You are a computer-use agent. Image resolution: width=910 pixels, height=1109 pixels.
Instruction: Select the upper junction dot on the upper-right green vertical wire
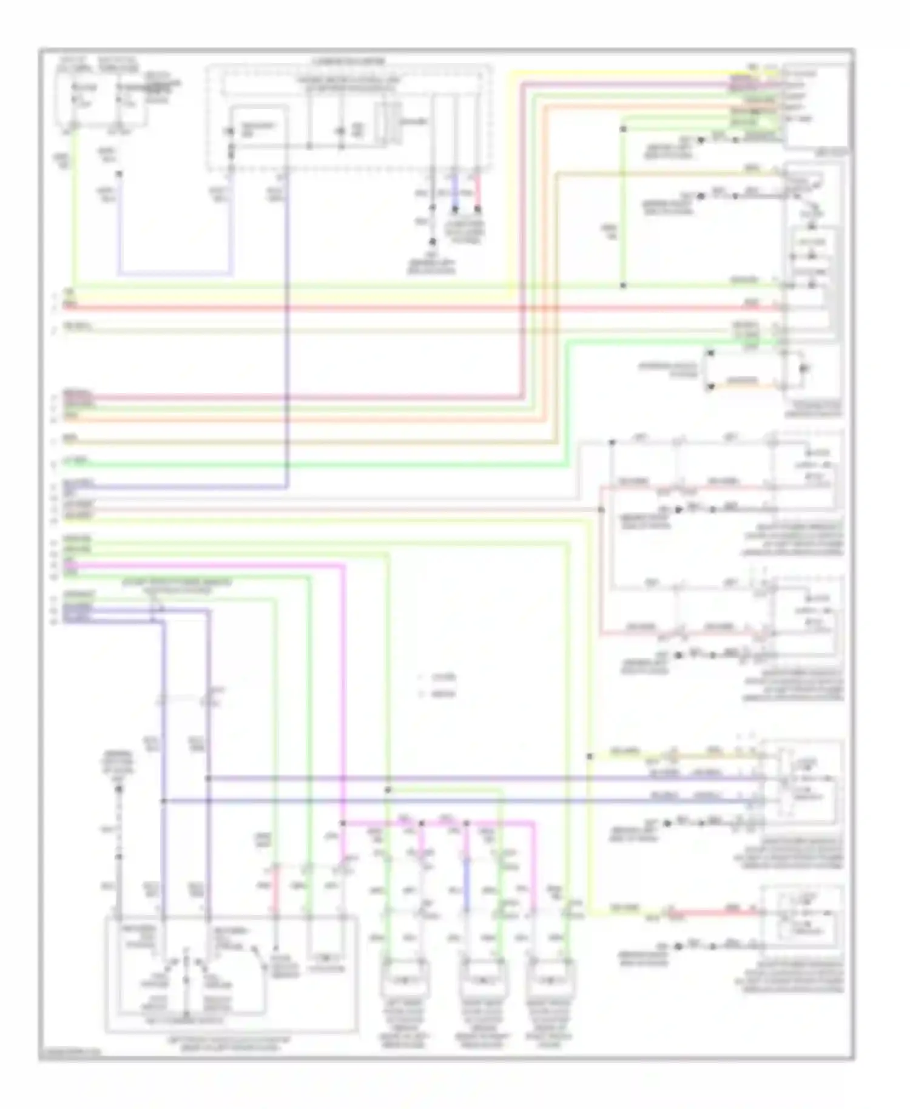623,129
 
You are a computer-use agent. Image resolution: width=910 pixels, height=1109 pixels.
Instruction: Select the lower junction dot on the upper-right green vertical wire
623,285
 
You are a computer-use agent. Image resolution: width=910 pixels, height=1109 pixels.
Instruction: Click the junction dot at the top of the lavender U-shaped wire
119,174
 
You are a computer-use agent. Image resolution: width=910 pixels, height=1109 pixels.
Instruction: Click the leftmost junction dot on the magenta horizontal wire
343,823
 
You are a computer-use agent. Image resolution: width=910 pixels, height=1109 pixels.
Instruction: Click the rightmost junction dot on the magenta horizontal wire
467,823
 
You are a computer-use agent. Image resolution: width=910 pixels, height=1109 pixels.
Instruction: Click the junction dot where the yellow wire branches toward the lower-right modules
589,757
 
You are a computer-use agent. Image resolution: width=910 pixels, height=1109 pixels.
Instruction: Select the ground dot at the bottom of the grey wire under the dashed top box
432,241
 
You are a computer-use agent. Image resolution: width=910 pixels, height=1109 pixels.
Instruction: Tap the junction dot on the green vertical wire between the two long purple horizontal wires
388,790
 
